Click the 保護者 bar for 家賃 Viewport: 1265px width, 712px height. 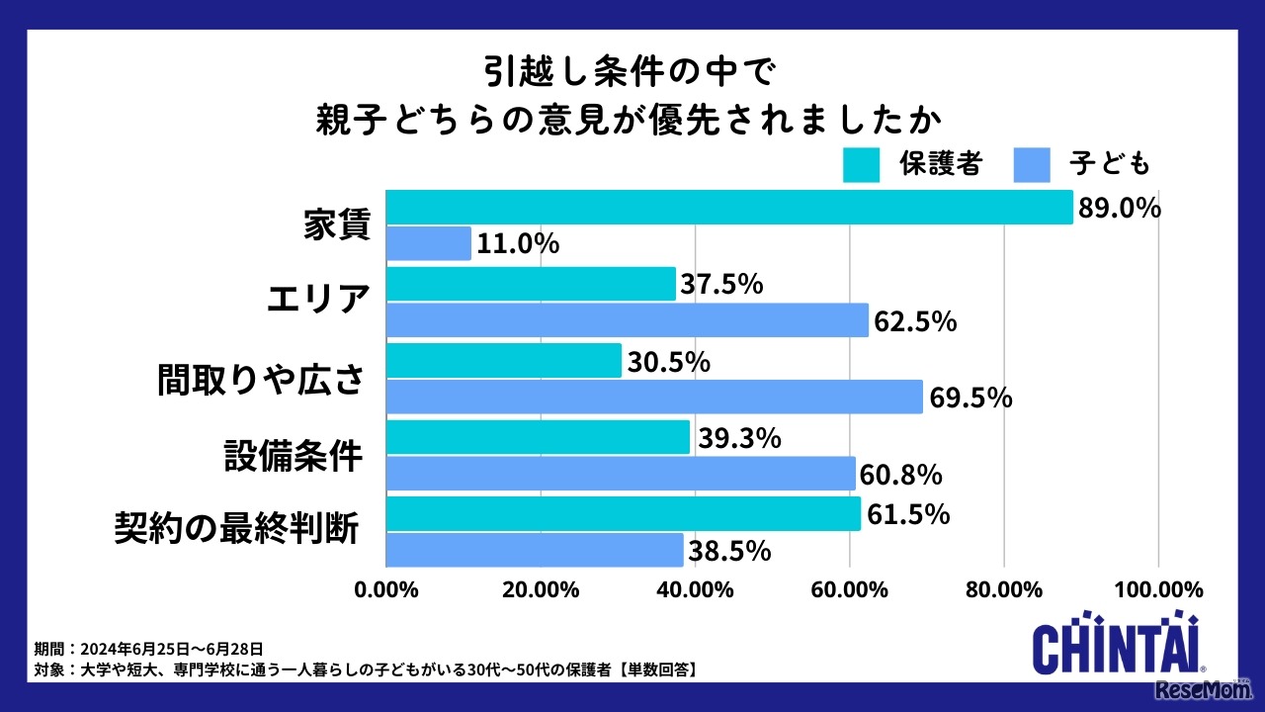pos(729,208)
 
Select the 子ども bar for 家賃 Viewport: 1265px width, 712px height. pos(429,243)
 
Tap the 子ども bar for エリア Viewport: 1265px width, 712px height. pos(628,320)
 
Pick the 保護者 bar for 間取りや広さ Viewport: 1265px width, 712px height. pos(504,361)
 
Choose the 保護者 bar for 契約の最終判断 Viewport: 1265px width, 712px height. pos(624,514)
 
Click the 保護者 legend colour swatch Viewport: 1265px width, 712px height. pos(861,165)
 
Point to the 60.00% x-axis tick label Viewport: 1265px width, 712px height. pos(850,590)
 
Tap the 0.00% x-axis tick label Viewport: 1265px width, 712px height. pos(386,590)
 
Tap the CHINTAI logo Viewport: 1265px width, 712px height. pos(1117,649)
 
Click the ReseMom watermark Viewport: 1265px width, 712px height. pos(1208,689)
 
